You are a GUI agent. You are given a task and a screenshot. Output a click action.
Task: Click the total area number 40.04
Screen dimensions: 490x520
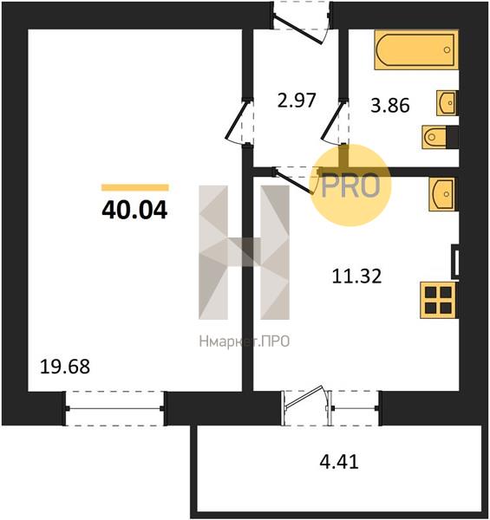click(x=134, y=211)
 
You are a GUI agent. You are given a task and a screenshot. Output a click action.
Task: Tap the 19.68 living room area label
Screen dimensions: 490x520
click(x=65, y=367)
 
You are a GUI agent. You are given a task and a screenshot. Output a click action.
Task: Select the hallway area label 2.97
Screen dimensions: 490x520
click(x=297, y=101)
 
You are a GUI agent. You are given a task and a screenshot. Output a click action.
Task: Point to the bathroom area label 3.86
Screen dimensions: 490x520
click(x=389, y=106)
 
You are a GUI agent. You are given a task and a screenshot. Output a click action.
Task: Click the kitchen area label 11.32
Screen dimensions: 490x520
click(x=356, y=276)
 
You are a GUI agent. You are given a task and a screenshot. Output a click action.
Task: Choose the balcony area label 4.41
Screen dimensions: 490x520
click(x=339, y=462)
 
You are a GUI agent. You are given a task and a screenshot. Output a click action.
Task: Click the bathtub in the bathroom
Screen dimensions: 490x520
click(x=416, y=50)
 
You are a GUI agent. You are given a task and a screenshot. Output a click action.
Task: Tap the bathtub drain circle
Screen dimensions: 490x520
click(x=447, y=50)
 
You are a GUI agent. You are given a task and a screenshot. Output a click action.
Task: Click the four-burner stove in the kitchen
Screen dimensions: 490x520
click(x=438, y=300)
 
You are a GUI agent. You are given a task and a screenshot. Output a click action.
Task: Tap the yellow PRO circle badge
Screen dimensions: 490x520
click(x=350, y=185)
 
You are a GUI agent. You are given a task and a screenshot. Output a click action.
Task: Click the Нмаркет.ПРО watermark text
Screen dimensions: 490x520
click(x=245, y=341)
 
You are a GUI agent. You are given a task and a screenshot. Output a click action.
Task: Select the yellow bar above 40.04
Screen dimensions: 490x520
click(x=135, y=188)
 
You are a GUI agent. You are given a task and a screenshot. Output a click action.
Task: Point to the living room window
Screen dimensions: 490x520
click(x=114, y=408)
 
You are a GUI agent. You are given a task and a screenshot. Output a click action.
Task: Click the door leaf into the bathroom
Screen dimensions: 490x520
click(x=332, y=120)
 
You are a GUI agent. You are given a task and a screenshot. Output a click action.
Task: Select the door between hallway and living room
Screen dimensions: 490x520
click(x=237, y=120)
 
